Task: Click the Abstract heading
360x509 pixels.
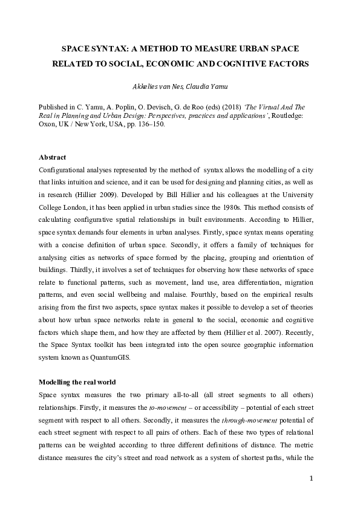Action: point(53,157)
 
